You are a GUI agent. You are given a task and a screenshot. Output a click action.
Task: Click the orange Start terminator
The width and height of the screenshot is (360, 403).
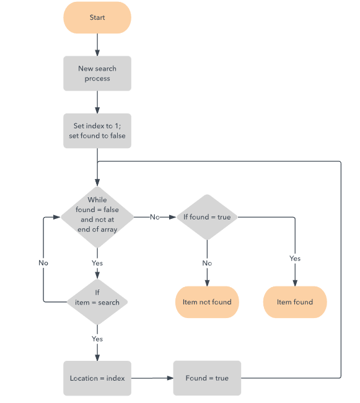(x=97, y=18)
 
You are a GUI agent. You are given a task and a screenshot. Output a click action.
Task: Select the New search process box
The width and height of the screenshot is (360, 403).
(x=97, y=74)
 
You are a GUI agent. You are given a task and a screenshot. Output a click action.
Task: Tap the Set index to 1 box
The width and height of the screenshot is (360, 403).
(x=97, y=131)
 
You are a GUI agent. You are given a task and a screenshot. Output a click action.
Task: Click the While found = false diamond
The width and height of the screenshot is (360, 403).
(x=97, y=216)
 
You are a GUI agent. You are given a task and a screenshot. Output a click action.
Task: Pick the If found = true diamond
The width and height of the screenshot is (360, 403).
(x=206, y=217)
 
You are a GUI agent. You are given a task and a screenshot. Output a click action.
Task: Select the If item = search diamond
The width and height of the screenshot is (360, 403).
(x=97, y=302)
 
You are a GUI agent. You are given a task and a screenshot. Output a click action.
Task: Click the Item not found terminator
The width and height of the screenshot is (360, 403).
(x=207, y=302)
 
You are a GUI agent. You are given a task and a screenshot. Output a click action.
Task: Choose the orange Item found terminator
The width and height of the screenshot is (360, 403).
(x=295, y=302)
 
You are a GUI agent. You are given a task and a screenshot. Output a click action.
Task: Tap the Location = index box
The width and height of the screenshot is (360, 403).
(x=97, y=378)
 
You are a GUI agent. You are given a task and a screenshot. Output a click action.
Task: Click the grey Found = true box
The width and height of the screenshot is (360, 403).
(x=207, y=378)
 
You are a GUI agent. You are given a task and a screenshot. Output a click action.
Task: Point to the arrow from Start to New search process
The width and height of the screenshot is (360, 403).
(x=97, y=45)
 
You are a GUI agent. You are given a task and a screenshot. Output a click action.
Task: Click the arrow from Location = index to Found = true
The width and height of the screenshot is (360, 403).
(x=152, y=378)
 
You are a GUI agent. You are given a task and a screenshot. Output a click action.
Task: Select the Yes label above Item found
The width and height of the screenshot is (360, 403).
(x=295, y=258)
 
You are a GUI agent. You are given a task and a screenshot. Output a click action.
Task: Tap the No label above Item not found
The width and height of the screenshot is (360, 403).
(x=207, y=263)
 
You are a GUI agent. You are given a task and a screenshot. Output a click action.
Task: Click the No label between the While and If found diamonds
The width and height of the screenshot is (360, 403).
(x=155, y=217)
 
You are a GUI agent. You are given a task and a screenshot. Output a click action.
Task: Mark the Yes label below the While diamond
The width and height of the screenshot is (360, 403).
(x=97, y=263)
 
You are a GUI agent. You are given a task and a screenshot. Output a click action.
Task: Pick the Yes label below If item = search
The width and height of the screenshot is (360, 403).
(x=97, y=339)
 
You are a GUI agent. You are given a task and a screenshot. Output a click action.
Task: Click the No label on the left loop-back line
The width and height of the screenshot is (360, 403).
(x=43, y=263)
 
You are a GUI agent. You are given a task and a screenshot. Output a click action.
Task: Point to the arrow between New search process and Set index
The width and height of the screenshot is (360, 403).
(x=97, y=102)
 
